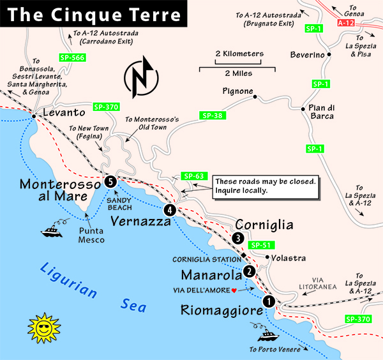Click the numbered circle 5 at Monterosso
[110, 182]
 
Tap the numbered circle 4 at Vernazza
[169, 209]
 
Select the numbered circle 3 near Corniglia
[237, 238]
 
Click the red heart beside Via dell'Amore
[234, 290]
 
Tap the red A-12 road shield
[345, 23]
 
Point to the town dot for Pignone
[254, 98]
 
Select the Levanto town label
[64, 112]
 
